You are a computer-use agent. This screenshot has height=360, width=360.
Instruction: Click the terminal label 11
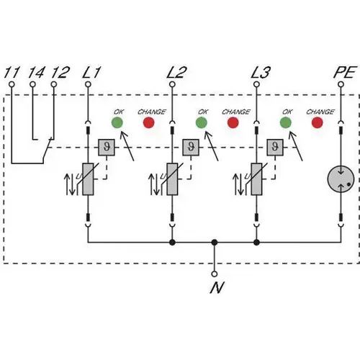[12, 73]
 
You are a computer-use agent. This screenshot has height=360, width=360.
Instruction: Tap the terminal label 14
[36, 73]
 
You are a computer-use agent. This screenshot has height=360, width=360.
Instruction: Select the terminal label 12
[60, 73]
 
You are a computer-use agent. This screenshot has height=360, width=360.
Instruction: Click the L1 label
[91, 73]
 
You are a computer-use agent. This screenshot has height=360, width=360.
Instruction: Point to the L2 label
[176, 73]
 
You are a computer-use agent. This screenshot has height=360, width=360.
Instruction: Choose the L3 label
[261, 73]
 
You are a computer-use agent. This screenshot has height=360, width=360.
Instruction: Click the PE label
[344, 73]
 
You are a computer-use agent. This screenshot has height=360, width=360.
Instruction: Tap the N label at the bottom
[217, 287]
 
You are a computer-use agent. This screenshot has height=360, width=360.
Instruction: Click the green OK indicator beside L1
[117, 122]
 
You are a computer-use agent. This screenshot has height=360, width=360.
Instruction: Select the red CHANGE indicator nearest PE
[317, 122]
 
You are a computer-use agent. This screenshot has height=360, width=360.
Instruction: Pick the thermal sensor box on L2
[191, 147]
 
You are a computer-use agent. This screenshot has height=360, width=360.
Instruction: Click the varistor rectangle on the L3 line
[256, 179]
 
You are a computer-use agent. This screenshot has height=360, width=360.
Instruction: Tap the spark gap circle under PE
[341, 179]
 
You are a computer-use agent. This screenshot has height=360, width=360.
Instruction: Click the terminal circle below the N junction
[215, 274]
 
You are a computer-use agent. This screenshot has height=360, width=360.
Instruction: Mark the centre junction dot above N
[215, 243]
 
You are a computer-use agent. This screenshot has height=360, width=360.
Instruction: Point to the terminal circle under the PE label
[341, 84]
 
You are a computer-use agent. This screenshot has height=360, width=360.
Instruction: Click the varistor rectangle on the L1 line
[88, 179]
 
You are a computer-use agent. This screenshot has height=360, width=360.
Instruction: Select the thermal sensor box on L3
[275, 147]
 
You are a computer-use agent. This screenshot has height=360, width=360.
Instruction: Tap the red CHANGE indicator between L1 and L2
[148, 122]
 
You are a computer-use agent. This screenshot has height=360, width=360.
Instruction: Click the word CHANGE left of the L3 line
[236, 112]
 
